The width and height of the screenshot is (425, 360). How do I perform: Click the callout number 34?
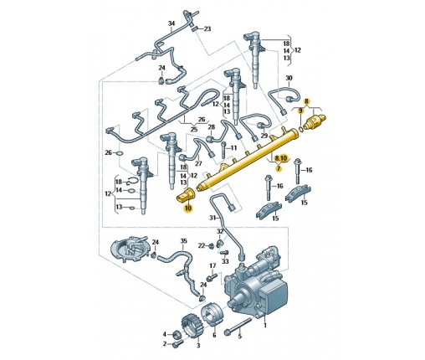click(171, 23)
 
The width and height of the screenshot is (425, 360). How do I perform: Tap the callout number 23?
click(207, 28)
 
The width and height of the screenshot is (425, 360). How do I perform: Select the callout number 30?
click(289, 78)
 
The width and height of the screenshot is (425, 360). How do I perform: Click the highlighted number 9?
click(300, 111)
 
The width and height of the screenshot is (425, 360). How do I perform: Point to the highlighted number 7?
click(278, 168)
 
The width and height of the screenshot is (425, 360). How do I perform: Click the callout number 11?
click(233, 147)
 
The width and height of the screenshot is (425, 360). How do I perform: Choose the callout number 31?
click(213, 218)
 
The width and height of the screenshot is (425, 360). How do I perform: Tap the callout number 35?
click(183, 240)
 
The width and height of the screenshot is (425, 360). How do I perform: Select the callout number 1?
click(265, 325)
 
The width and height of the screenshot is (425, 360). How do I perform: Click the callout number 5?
click(239, 337)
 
